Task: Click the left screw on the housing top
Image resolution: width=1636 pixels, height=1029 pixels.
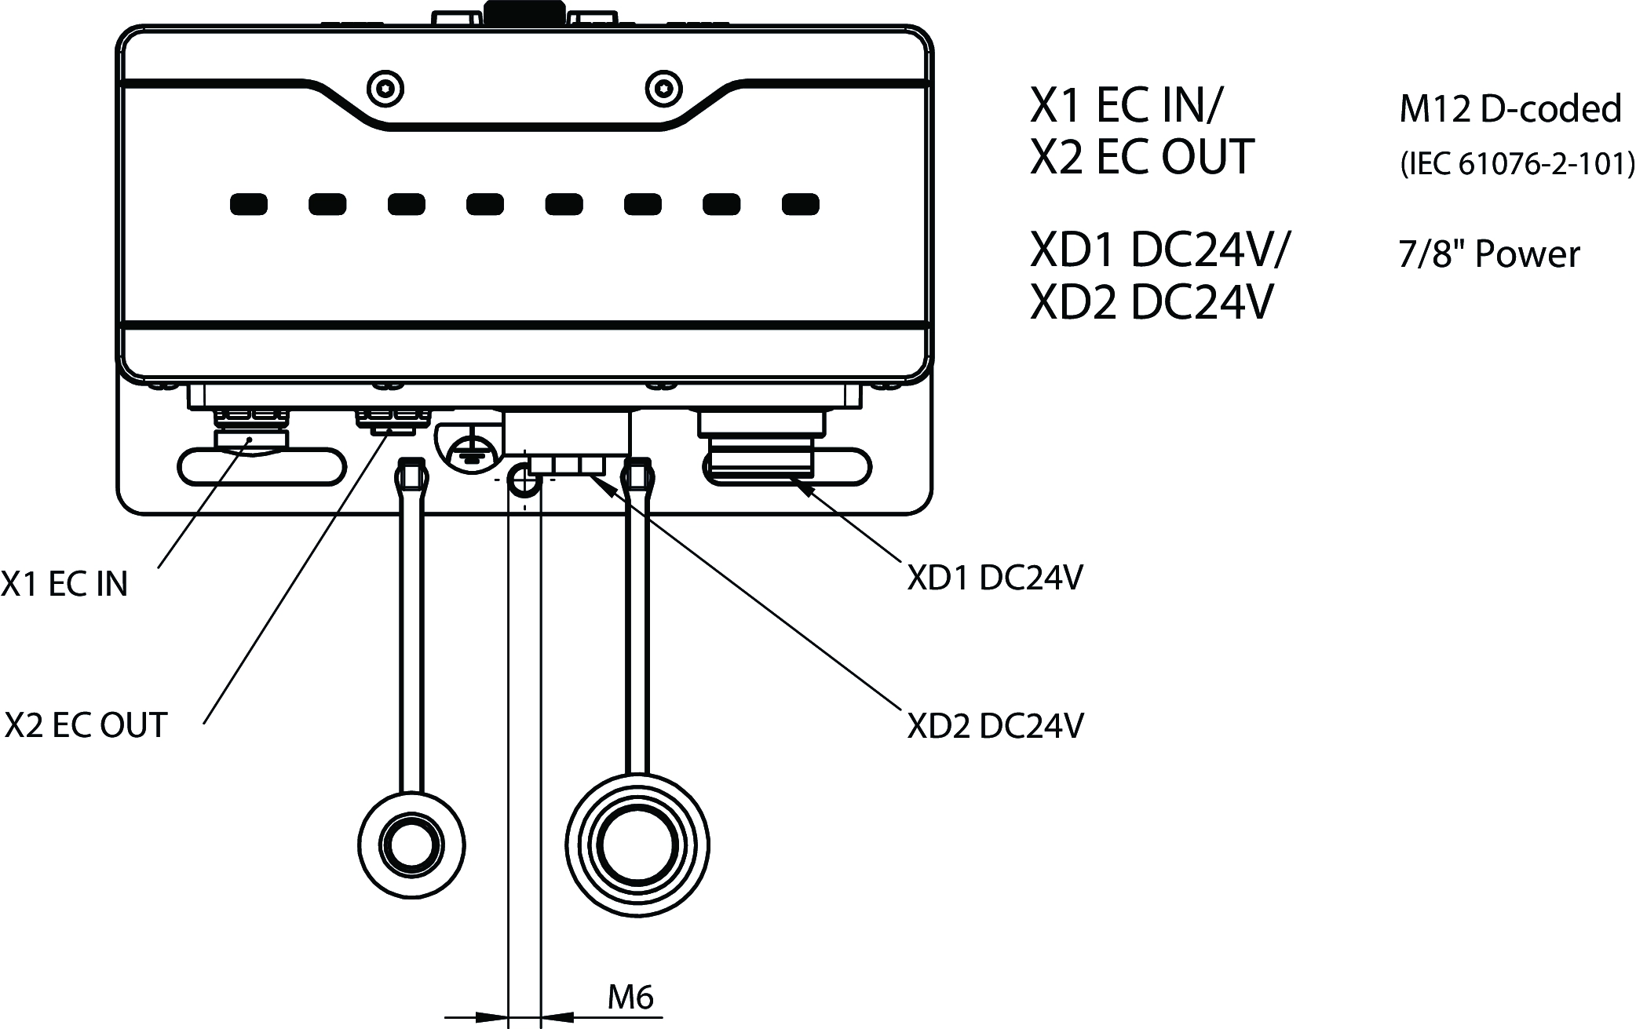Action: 385,88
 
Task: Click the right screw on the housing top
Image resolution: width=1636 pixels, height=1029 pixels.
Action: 662,88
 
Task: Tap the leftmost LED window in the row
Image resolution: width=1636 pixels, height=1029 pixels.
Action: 248,205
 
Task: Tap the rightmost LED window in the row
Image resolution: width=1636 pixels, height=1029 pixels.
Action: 801,205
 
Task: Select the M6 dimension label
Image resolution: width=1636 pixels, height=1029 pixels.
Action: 630,997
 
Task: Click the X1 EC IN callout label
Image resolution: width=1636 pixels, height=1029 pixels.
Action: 64,585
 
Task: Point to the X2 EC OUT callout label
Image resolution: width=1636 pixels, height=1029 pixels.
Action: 86,725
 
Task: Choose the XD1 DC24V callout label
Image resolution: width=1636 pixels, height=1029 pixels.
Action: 995,578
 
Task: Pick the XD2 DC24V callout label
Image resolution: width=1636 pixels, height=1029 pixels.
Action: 995,726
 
